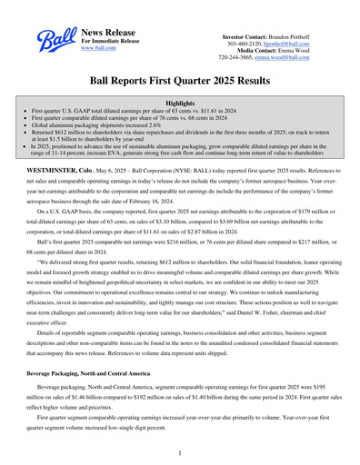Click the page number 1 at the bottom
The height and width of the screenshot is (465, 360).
[x=180, y=450]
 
